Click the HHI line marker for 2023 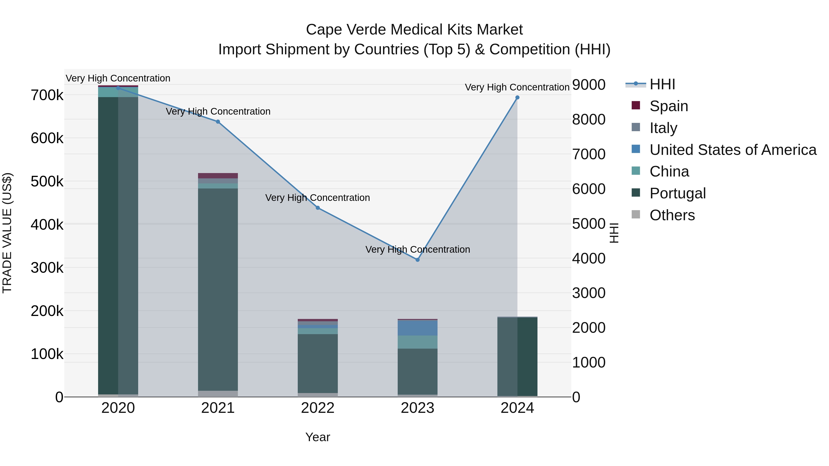click(417, 260)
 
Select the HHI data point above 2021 click(218, 122)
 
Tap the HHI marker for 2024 click(517, 97)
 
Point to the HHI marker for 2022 click(318, 208)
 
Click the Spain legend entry click(668, 106)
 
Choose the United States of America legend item click(733, 150)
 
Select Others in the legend click(672, 215)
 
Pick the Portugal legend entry click(677, 193)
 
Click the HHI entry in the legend click(662, 84)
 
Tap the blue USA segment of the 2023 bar click(417, 328)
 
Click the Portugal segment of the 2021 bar click(218, 289)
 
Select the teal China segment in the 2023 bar click(417, 342)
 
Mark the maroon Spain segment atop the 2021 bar click(218, 176)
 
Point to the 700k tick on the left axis click(47, 95)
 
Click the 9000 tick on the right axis click(589, 85)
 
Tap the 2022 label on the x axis click(318, 408)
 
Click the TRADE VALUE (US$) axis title click(7, 233)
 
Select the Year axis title click(318, 437)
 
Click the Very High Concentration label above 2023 click(417, 249)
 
